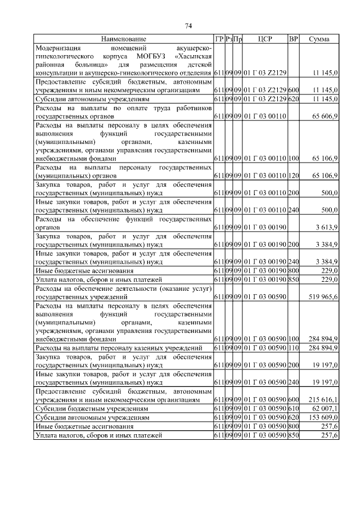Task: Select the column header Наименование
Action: click(124, 39)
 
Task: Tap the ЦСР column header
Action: click(265, 39)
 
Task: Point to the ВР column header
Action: click(293, 39)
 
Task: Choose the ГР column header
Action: click(219, 39)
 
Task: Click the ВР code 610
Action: click(293, 408)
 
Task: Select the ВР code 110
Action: click(293, 349)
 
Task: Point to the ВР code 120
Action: click(293, 176)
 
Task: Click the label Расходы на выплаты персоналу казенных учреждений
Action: click(119, 349)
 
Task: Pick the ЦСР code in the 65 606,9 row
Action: click(265, 115)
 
